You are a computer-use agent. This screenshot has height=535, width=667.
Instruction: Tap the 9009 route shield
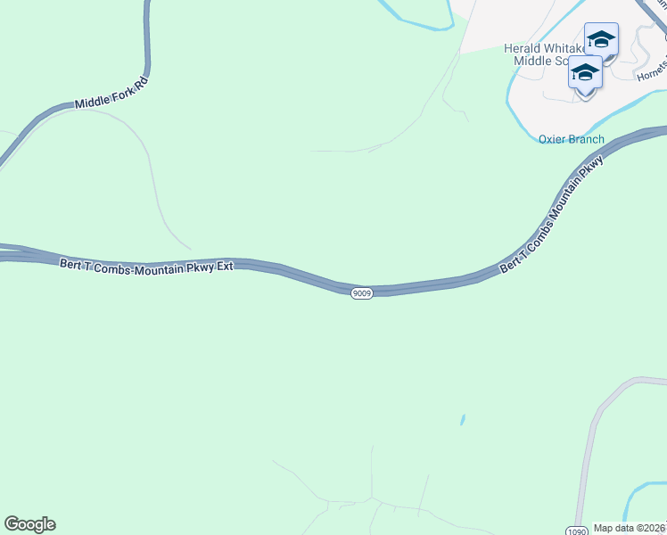[361, 293]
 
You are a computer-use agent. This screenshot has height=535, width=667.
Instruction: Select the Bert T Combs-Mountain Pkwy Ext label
[146, 265]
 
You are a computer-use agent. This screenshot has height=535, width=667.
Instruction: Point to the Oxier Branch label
[572, 139]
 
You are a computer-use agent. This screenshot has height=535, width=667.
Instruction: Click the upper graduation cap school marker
[601, 41]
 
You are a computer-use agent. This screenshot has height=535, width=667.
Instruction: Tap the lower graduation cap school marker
[585, 74]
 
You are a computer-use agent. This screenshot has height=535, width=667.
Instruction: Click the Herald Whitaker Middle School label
[543, 54]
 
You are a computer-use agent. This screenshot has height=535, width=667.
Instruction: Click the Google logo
[29, 524]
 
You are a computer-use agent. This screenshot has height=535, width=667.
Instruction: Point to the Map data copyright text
[630, 528]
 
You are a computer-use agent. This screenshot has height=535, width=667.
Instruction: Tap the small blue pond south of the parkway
[462, 418]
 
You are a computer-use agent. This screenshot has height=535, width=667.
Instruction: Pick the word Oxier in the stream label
[553, 139]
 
